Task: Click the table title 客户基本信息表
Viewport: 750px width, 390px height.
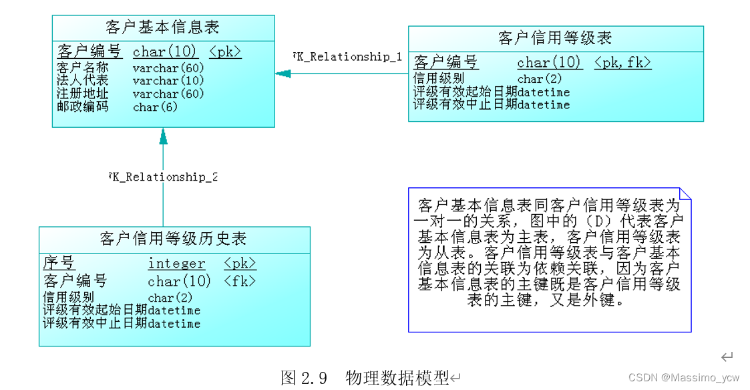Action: [162, 27]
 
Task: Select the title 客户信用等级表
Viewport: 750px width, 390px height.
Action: [555, 38]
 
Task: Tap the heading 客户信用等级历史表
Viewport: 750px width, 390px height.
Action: [173, 239]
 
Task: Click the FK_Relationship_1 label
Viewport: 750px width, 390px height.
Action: [348, 57]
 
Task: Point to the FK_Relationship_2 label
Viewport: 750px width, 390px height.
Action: [163, 177]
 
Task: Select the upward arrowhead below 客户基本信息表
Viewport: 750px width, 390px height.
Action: [163, 136]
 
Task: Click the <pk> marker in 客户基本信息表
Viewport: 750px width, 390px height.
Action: [225, 52]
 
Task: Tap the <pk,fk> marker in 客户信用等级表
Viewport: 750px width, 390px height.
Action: [622, 63]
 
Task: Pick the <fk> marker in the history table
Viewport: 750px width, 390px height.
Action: [240, 281]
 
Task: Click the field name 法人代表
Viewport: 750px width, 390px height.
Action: [82, 81]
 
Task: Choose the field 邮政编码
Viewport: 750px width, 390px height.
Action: [82, 106]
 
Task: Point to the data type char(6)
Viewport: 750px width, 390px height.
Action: [155, 107]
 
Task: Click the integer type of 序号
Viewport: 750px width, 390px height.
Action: [176, 264]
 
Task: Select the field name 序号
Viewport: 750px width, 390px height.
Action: [59, 263]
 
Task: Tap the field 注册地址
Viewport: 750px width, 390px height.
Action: [82, 94]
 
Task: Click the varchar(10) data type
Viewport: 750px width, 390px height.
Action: [168, 81]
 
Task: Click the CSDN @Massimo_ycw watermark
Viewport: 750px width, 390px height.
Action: [684, 378]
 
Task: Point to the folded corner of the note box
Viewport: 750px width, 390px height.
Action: [685, 193]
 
